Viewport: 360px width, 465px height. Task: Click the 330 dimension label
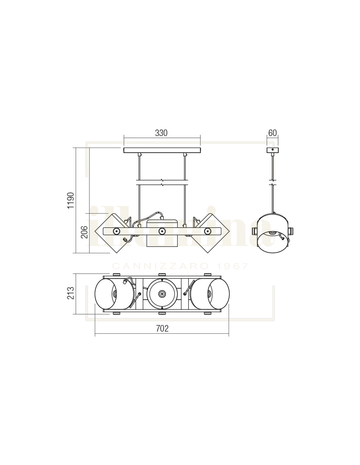[x=161, y=133]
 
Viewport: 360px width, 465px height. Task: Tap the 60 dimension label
[x=272, y=133]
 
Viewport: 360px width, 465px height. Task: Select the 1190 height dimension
[x=71, y=200]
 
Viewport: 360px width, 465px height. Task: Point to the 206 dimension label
[x=84, y=232]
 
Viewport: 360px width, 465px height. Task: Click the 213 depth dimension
[x=71, y=293]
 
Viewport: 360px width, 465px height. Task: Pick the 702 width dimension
[x=162, y=328]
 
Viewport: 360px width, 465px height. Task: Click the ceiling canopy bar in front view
[x=162, y=150]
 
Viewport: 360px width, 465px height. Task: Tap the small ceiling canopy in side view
[x=272, y=150]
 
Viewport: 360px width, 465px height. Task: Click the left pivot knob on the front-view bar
[x=117, y=231]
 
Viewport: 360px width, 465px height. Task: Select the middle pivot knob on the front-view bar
[x=162, y=231]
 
